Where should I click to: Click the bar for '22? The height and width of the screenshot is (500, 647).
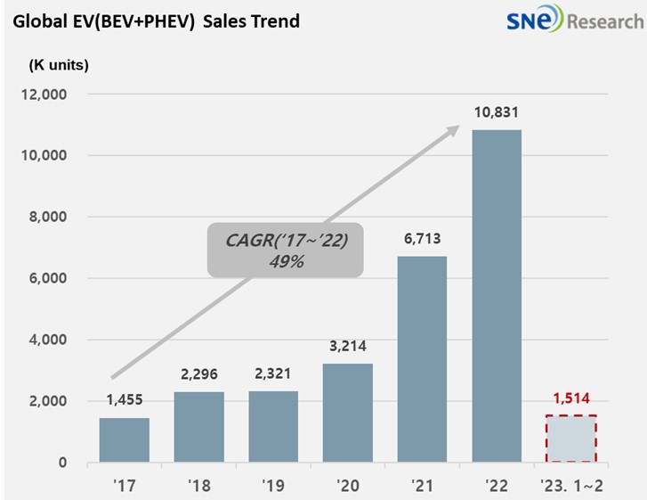pyautogui.click(x=496, y=296)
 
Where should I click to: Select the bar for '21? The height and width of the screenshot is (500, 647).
pyautogui.click(x=422, y=359)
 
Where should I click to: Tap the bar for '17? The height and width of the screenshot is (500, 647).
pyautogui.click(x=125, y=439)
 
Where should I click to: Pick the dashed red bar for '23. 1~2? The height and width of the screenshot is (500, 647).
pyautogui.click(x=570, y=439)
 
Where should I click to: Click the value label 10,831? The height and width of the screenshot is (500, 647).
pyautogui.click(x=496, y=113)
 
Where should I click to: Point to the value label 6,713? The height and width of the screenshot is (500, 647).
pyautogui.click(x=422, y=239)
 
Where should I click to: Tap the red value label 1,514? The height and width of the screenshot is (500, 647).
pyautogui.click(x=570, y=399)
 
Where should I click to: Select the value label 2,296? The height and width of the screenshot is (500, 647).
pyautogui.click(x=199, y=375)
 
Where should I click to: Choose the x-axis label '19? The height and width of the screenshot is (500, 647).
pyautogui.click(x=273, y=488)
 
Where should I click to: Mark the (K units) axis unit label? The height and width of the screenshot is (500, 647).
pyautogui.click(x=59, y=64)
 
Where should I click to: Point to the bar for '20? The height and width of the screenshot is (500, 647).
pyautogui.click(x=347, y=413)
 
